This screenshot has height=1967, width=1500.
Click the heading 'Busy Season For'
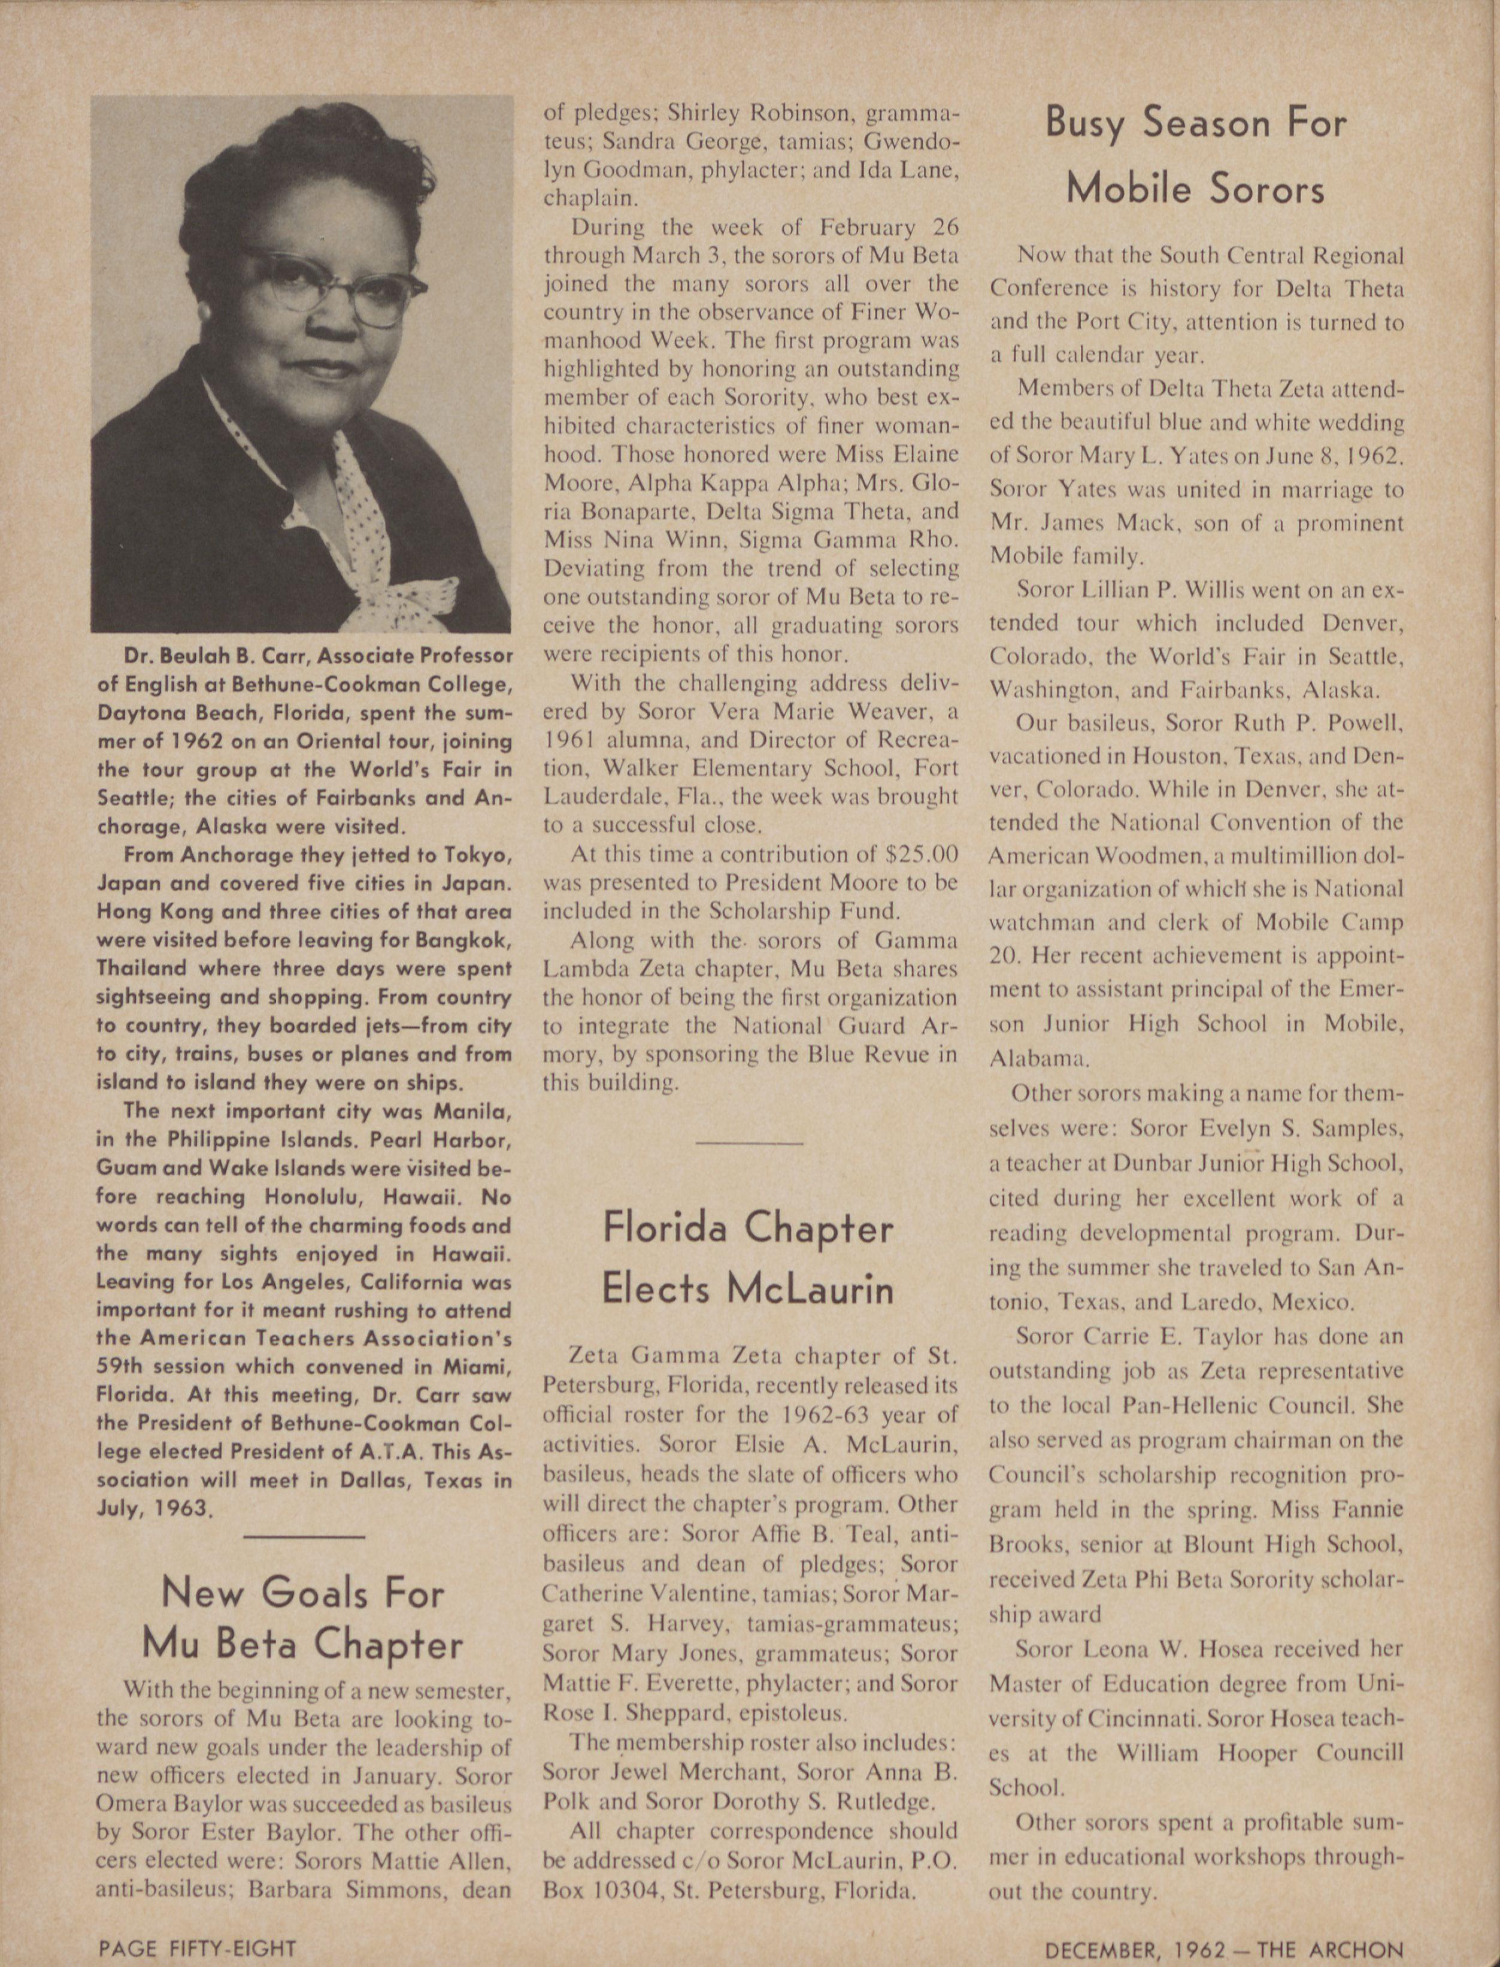click(x=1196, y=124)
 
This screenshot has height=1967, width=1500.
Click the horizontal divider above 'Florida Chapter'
click(x=749, y=1143)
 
